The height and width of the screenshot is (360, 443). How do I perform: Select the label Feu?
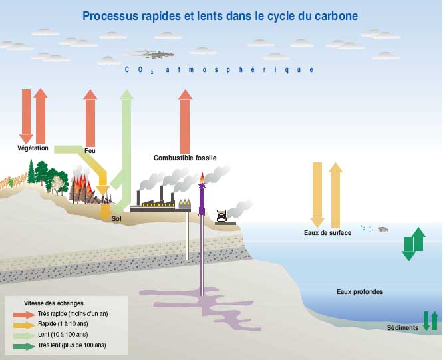(x=90, y=150)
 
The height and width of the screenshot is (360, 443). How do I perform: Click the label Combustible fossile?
(x=185, y=158)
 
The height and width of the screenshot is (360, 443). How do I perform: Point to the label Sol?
(x=117, y=218)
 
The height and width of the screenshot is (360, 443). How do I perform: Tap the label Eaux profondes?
(x=359, y=291)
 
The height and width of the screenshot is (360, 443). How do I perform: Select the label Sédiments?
(x=402, y=327)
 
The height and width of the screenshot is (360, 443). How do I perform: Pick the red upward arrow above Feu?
(x=90, y=116)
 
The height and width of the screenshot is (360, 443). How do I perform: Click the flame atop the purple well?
(x=202, y=178)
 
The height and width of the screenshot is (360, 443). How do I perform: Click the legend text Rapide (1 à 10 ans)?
(x=63, y=324)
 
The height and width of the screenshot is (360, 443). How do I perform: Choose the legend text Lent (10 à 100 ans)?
(x=64, y=335)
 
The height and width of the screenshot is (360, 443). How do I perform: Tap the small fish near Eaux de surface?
(x=384, y=229)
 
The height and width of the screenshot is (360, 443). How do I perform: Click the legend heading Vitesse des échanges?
(x=54, y=303)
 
